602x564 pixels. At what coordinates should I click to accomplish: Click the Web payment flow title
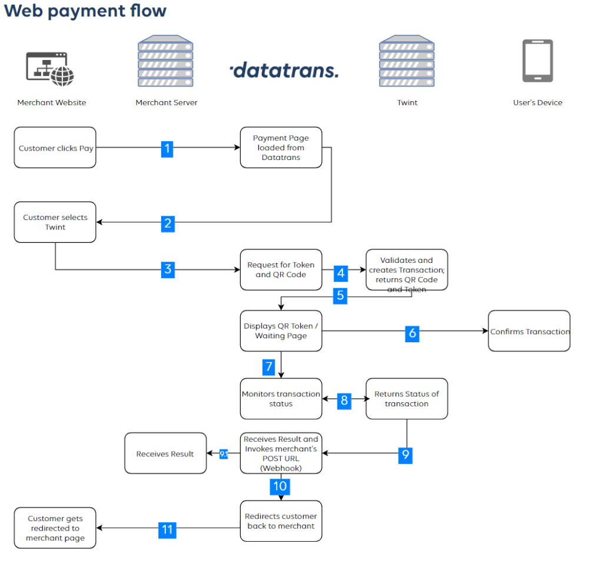click(85, 11)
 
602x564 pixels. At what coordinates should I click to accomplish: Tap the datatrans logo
click(284, 71)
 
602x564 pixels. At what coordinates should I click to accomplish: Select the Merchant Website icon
click(51, 68)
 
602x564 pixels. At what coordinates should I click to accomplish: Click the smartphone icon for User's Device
click(537, 61)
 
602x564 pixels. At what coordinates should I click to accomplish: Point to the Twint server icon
click(407, 61)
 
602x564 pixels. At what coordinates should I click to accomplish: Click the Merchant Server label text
click(167, 102)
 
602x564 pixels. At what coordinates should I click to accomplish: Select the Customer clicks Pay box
click(55, 148)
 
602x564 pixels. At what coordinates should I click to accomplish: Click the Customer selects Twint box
click(55, 222)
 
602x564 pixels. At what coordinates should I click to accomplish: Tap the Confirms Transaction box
click(529, 331)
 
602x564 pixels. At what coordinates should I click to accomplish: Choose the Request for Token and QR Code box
click(281, 270)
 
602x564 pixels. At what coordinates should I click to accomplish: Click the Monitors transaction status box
click(281, 399)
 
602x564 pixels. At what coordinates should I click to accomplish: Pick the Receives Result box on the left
click(165, 453)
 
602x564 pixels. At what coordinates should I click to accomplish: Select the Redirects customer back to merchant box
click(281, 521)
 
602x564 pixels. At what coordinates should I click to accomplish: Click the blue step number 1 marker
click(168, 148)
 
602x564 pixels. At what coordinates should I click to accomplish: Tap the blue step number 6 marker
click(413, 333)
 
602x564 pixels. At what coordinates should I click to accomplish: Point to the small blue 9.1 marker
click(224, 454)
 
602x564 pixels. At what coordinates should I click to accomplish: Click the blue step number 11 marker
click(168, 530)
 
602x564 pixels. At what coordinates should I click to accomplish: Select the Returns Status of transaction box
click(407, 399)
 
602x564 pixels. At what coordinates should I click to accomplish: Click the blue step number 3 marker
click(168, 269)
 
